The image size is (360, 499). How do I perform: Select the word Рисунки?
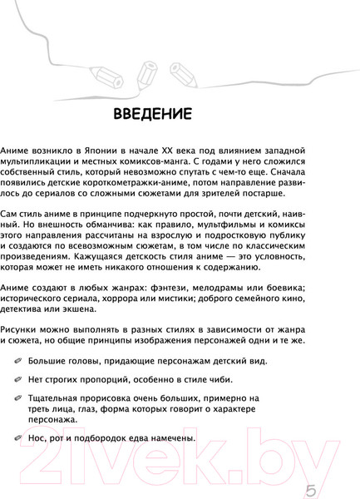pyautogui.click(x=19, y=329)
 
